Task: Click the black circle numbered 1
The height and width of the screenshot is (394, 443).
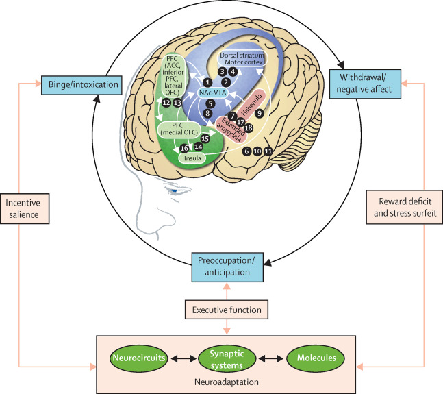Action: [x=208, y=82]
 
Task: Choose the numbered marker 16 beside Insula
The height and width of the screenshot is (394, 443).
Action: [x=183, y=148]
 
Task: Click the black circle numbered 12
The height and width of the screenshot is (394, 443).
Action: [x=166, y=102]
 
